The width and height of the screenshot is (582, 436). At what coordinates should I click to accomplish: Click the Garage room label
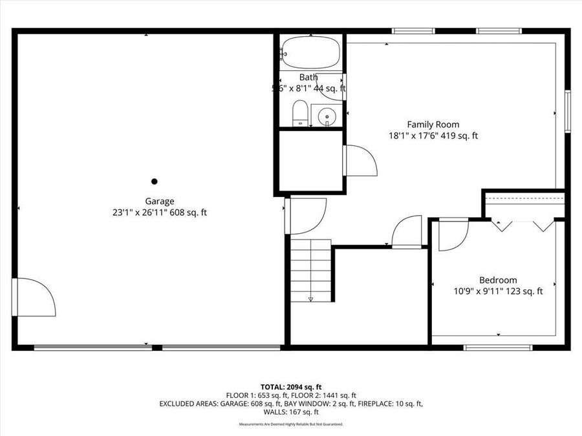pyautogui.click(x=159, y=201)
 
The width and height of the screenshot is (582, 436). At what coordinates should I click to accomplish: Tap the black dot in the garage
pyautogui.click(x=154, y=182)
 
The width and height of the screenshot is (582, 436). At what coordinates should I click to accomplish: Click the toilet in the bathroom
pyautogui.click(x=300, y=114)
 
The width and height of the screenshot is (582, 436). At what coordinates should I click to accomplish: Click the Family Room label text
pyautogui.click(x=433, y=124)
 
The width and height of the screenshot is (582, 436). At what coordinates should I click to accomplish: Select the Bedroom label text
pyautogui.click(x=497, y=280)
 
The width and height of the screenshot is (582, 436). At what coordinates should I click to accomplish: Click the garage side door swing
pyautogui.click(x=36, y=298)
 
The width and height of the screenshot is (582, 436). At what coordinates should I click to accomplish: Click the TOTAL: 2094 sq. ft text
pyautogui.click(x=290, y=386)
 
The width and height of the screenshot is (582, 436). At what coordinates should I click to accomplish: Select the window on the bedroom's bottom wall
pyautogui.click(x=498, y=348)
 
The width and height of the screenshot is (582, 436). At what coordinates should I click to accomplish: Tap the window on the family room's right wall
pyautogui.click(x=567, y=112)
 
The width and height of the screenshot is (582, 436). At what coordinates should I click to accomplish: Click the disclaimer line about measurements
pyautogui.click(x=290, y=424)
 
